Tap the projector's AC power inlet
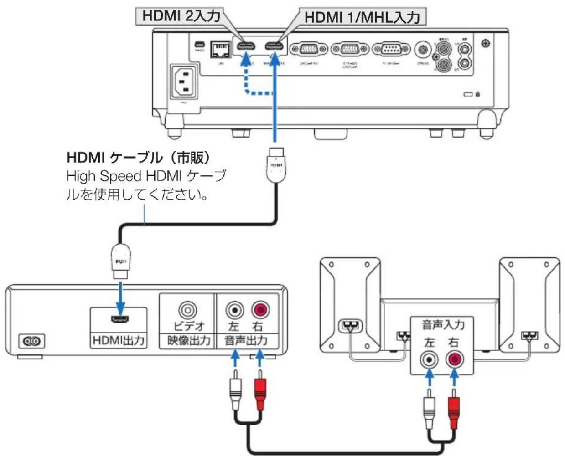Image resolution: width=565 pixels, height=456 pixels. (184, 82)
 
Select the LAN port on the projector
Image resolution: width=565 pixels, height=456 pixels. (219, 49)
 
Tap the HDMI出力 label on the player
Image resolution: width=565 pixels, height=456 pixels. (119, 340)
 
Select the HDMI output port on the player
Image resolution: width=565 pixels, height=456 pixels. (119, 318)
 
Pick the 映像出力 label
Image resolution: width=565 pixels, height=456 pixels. (187, 340)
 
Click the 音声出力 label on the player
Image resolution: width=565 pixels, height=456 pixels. (246, 340)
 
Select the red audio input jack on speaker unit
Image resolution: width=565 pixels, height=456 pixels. (455, 360)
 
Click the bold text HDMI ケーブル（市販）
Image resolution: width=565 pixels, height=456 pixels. (139, 158)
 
